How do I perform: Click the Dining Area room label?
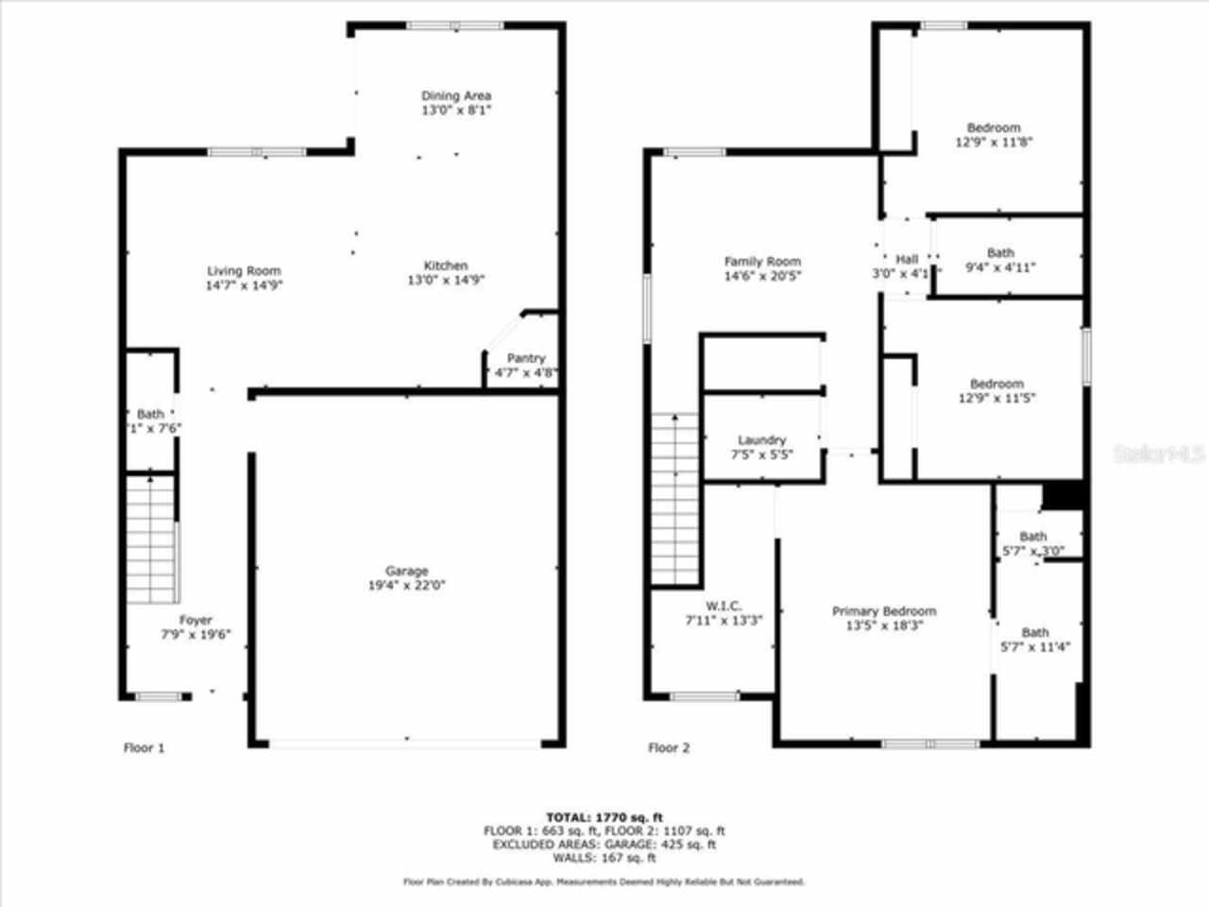pyautogui.click(x=456, y=95)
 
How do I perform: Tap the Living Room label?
pyautogui.click(x=244, y=271)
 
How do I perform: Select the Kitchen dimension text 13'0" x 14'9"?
pyautogui.click(x=445, y=280)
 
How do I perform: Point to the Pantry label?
pyautogui.click(x=526, y=358)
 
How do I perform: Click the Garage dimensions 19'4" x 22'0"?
pyautogui.click(x=406, y=585)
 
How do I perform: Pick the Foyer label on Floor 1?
pyautogui.click(x=196, y=621)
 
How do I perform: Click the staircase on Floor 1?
pyautogui.click(x=151, y=539)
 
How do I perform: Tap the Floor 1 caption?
pyautogui.click(x=145, y=748)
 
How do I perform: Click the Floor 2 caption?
pyautogui.click(x=669, y=748)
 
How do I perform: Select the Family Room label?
pyautogui.click(x=762, y=262)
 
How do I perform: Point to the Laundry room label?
pyautogui.click(x=761, y=440)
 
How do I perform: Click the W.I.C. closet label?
pyautogui.click(x=724, y=606)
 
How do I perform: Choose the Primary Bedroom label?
pyautogui.click(x=884, y=611)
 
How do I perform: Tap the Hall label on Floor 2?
pyautogui.click(x=907, y=260)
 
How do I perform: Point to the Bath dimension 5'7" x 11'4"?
pyautogui.click(x=1034, y=647)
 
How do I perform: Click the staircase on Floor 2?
pyautogui.click(x=675, y=499)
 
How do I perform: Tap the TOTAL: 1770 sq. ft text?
pyautogui.click(x=604, y=817)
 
